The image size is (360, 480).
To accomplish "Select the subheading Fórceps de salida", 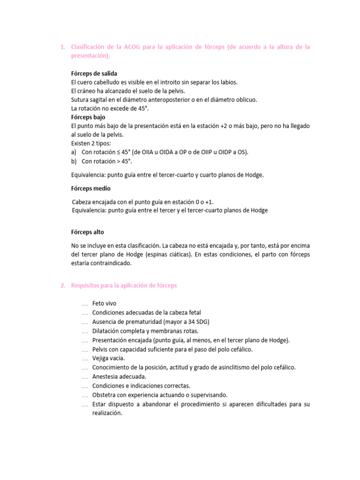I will point(94,74).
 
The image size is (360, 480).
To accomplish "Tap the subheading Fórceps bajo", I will point(88,117).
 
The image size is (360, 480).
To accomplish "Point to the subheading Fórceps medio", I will point(91,188).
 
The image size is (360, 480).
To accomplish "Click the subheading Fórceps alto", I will point(88,232).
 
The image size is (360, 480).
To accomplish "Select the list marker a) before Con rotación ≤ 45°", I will point(74,152).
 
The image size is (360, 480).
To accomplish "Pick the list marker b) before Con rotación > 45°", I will point(74,161).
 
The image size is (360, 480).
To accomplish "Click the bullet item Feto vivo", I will point(104,304).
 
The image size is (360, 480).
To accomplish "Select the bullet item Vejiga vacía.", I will point(108,359).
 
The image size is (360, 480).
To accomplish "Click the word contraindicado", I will point(114,263).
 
